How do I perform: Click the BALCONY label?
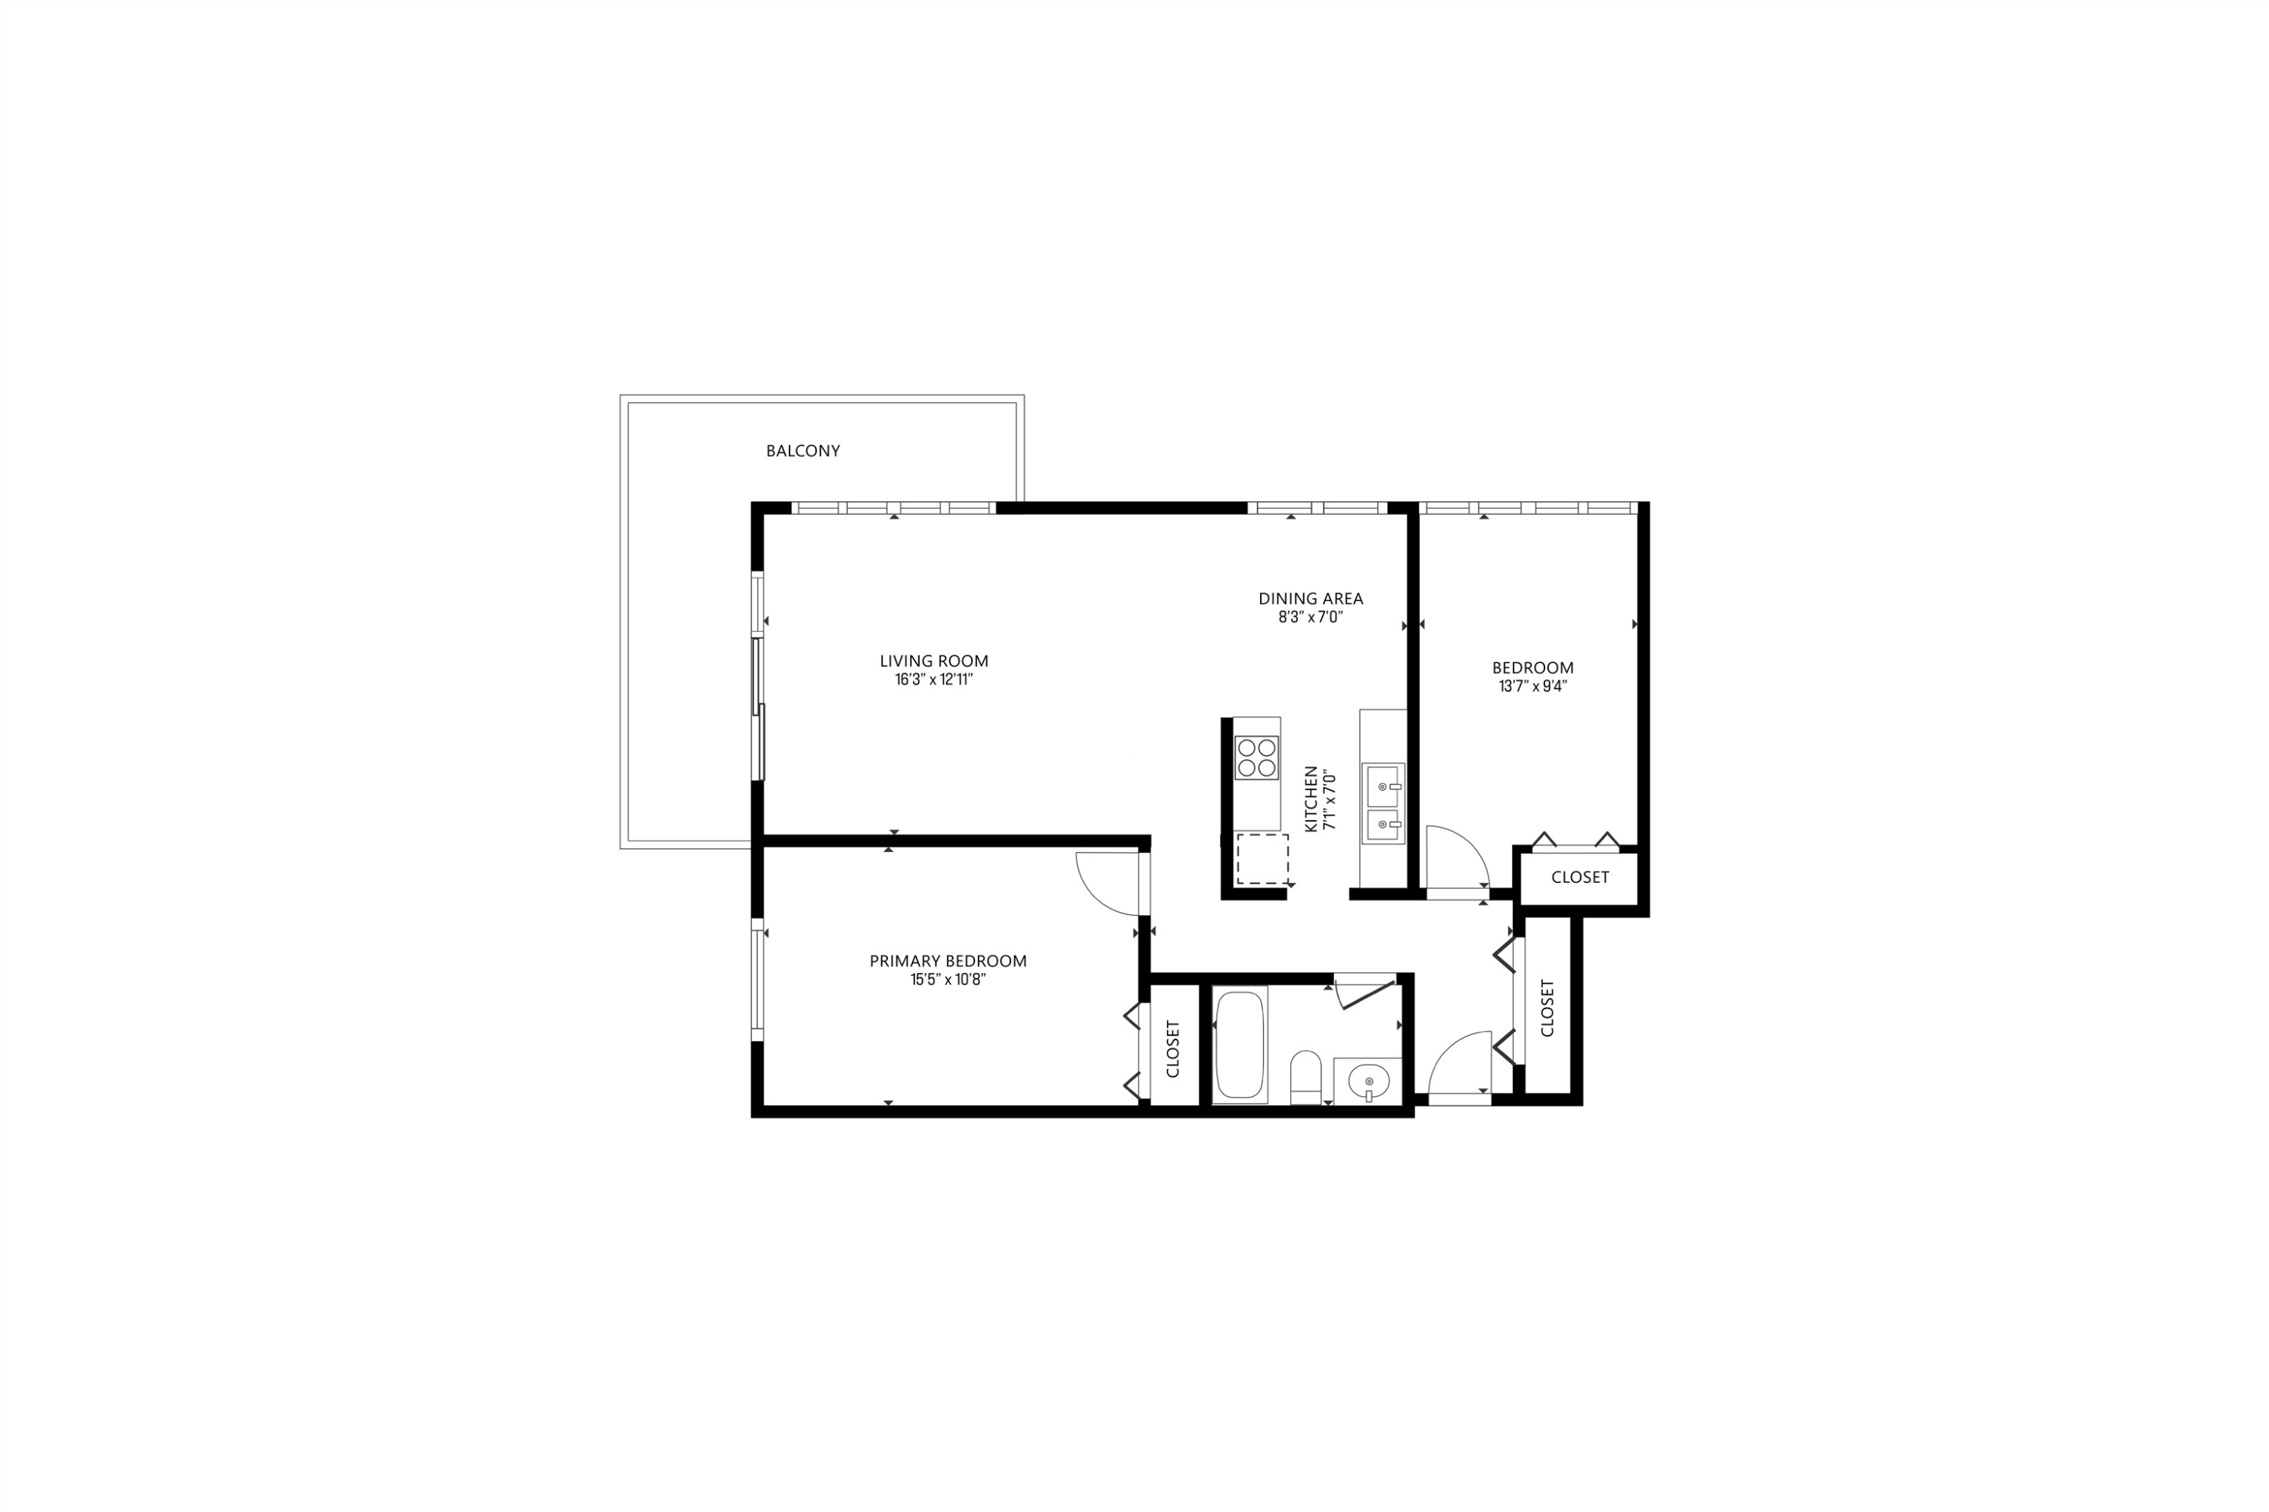pos(802,451)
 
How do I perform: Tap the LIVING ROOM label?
pos(934,661)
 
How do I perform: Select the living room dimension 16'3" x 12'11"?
pos(934,680)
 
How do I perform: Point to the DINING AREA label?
pos(1310,599)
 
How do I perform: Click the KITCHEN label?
pos(1311,799)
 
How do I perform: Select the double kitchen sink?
pos(1383,803)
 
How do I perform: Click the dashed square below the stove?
pos(1262,859)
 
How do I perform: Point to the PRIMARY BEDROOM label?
pos(948,960)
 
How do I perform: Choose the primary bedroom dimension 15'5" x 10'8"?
pos(948,981)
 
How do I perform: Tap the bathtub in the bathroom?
pos(1240,1046)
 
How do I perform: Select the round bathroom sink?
pos(1368,1081)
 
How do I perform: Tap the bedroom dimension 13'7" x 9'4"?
pos(1532,687)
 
